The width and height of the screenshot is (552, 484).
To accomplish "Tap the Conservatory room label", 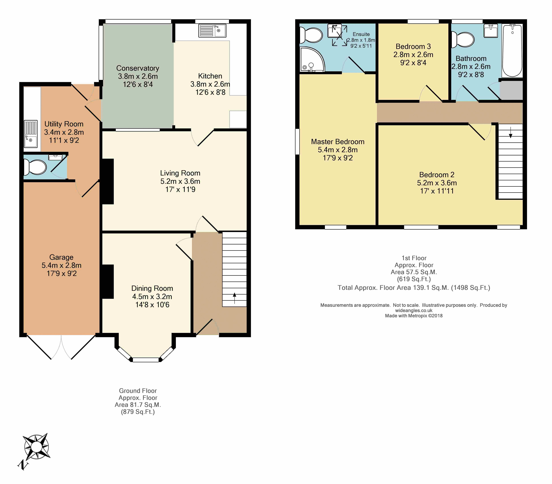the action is pos(138,68).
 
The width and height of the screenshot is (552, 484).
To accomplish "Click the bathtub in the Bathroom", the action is pos(512,51).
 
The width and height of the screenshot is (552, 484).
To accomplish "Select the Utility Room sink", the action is pos(31,134).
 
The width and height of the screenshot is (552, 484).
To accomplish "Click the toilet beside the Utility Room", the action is pos(35,167).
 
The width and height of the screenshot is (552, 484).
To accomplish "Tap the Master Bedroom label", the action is pos(338,142).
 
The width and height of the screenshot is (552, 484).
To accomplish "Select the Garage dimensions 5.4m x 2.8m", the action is pos(62,265).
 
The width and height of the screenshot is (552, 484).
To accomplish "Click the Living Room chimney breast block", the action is pos(108,181).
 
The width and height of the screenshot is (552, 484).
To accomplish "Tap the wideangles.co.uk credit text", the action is pos(414,310).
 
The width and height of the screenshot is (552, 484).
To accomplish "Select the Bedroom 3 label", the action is pos(413,46).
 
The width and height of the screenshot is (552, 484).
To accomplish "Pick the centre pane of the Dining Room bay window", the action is pos(146,360).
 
